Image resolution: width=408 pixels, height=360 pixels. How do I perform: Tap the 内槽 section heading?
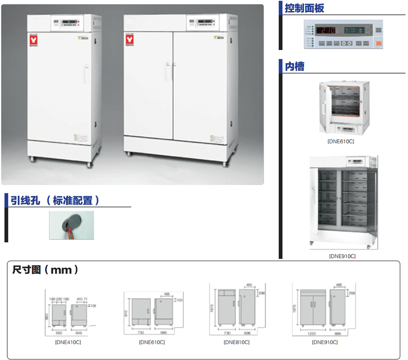pyautogui.click(x=294, y=66)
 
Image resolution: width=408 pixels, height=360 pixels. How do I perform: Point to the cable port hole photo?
pyautogui.click(x=71, y=225)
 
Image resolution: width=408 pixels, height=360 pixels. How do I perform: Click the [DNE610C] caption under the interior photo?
pyautogui.click(x=340, y=141)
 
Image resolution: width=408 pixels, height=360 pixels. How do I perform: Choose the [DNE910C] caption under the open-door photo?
pyautogui.click(x=342, y=256)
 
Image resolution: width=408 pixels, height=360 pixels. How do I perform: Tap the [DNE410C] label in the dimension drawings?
pyautogui.click(x=68, y=342)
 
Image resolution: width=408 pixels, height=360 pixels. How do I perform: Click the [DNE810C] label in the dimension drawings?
pyautogui.click(x=236, y=342)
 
